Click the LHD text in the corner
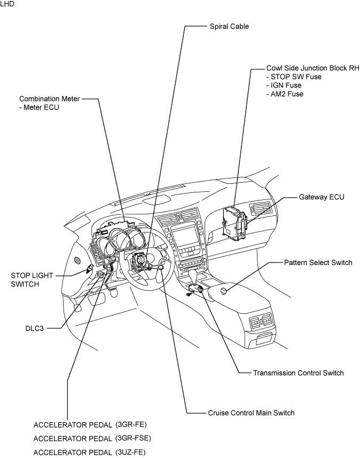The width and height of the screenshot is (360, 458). click(x=7, y=4)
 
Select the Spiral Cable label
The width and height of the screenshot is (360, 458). click(x=229, y=26)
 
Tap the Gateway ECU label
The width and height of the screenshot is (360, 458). click(x=322, y=197)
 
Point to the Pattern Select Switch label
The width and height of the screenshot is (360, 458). click(x=318, y=262)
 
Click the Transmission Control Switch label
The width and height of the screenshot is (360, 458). click(x=299, y=373)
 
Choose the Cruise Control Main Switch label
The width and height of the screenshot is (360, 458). click(x=251, y=413)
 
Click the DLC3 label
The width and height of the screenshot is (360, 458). click(x=35, y=328)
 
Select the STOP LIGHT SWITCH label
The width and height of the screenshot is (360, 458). click(x=32, y=280)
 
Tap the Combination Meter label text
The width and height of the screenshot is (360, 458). click(x=49, y=99)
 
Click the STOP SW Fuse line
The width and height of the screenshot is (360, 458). click(x=294, y=77)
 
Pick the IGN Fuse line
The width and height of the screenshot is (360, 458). click(x=284, y=86)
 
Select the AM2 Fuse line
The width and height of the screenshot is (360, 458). click(x=285, y=94)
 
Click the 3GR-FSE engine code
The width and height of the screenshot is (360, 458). click(x=133, y=438)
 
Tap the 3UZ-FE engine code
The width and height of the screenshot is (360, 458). click(x=130, y=453)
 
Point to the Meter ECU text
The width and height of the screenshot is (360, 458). click(x=39, y=107)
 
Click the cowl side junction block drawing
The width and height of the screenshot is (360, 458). click(x=234, y=221)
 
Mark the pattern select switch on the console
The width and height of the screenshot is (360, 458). click(x=223, y=291)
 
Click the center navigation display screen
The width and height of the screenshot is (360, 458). click(x=184, y=236)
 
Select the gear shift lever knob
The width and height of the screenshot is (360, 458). click(x=193, y=276)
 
